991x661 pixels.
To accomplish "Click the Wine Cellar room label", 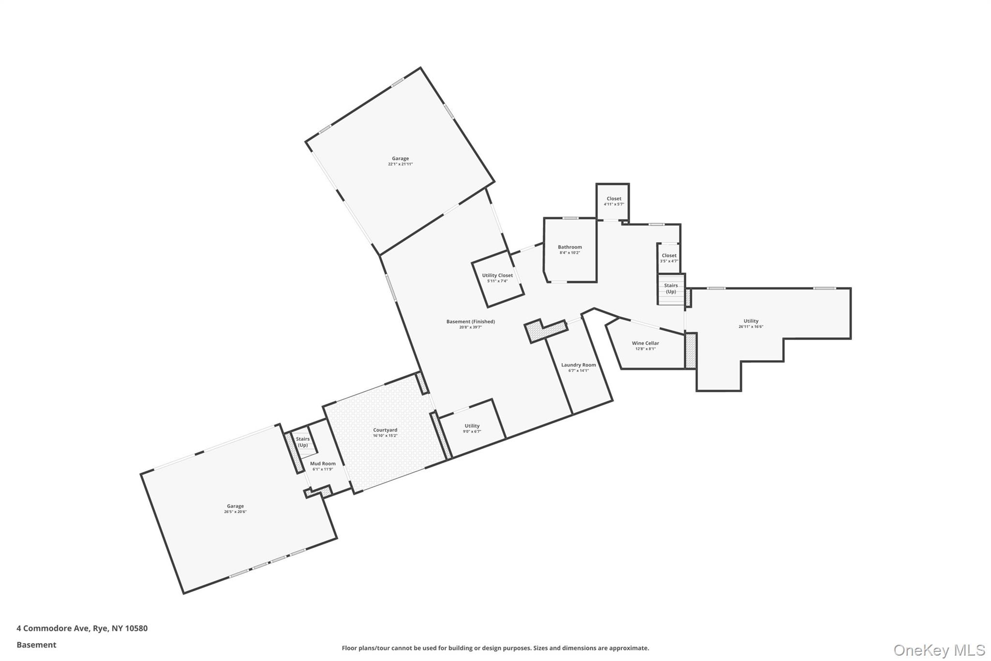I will [x=645, y=343].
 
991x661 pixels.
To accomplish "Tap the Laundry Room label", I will [x=578, y=365].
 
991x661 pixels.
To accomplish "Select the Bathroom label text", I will [x=570, y=247].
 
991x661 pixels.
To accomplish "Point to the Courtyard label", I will [x=385, y=430].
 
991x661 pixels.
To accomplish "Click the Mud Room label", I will [x=323, y=463].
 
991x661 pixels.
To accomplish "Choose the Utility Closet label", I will [x=497, y=276].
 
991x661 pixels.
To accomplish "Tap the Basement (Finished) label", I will [x=470, y=322].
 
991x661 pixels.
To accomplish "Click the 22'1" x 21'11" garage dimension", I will [x=400, y=164].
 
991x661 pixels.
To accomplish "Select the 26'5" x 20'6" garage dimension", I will [x=235, y=512].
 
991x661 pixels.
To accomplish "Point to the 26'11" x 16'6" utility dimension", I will [x=751, y=327].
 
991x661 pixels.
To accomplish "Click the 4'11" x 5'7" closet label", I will [x=614, y=204].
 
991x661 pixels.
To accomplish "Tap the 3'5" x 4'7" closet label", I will [x=669, y=261].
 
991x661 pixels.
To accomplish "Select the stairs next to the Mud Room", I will [x=302, y=442].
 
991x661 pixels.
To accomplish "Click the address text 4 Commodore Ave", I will [x=82, y=629].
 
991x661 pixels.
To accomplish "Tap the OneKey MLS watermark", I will [x=939, y=650].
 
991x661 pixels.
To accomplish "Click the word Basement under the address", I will [x=36, y=645].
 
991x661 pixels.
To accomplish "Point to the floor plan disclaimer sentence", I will [x=495, y=648].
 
